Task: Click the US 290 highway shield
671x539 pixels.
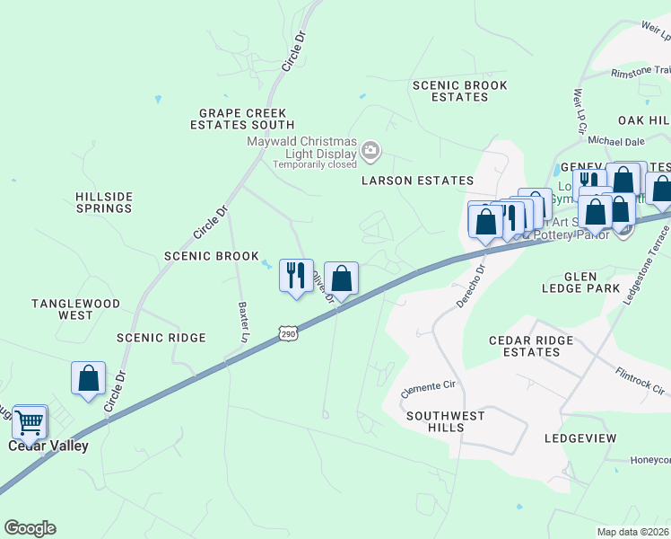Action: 287,333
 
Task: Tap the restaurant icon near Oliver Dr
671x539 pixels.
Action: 296,276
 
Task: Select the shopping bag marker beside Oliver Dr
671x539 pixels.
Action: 341,278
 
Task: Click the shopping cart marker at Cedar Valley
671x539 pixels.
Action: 30,420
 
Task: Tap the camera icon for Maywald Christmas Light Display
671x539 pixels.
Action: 371,154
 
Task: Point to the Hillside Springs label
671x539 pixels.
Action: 104,202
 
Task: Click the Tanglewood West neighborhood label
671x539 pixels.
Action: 75,309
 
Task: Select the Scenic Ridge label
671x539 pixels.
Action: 161,338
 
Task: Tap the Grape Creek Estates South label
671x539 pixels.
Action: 242,119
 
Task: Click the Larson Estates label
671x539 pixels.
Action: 417,181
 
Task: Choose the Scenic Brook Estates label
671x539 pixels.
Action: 459,91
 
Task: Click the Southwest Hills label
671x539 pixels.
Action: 446,421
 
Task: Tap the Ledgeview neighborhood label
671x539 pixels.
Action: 580,438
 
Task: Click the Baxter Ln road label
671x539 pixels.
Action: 242,321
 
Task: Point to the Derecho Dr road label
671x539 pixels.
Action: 470,287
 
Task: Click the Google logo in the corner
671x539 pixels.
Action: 30,528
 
